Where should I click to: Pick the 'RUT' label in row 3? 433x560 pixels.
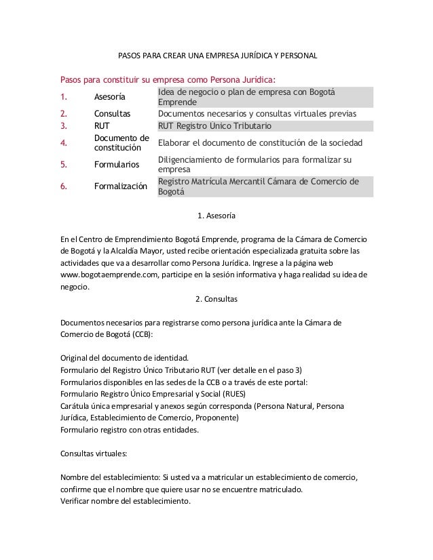[x=101, y=125]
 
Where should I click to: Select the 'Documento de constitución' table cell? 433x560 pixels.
[x=121, y=143]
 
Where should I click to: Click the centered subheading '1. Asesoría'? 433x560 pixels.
[x=216, y=216]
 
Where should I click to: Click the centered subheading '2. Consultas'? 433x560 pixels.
[x=216, y=298]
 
